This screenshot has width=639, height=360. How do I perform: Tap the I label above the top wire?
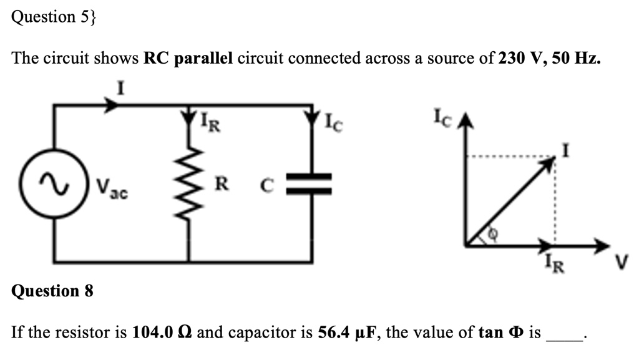(122, 89)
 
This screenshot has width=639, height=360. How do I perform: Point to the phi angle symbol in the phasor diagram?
(492, 235)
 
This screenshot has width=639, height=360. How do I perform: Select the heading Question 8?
(52, 291)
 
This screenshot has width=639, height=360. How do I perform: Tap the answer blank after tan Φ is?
(564, 336)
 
